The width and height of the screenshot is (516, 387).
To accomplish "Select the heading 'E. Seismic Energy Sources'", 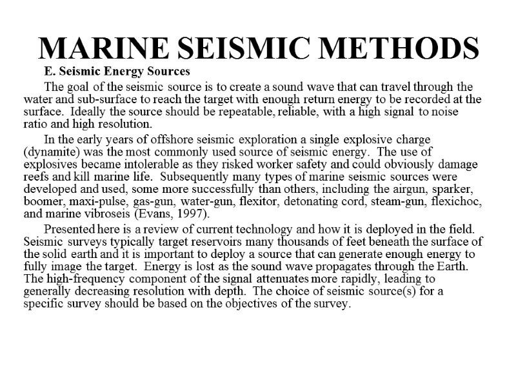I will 117,70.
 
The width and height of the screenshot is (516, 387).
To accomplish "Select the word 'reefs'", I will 36,175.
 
